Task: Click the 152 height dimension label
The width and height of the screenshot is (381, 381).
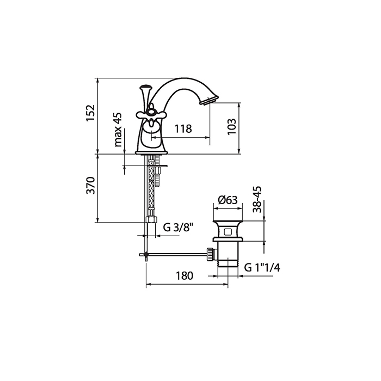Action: coord(90,113)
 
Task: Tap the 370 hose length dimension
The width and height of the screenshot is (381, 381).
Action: coord(91,186)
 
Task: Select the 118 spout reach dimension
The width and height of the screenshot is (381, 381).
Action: coord(183,128)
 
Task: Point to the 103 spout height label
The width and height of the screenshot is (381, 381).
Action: coord(232,126)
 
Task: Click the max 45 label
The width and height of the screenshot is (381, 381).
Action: coord(118,130)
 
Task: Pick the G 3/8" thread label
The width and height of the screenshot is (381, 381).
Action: coord(178,228)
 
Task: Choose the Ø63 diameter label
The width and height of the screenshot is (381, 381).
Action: coord(228,200)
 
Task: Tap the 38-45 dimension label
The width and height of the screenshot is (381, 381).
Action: coord(257,199)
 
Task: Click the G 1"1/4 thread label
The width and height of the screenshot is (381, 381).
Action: coord(262,268)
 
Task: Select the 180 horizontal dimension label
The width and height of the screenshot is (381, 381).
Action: coord(185,276)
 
